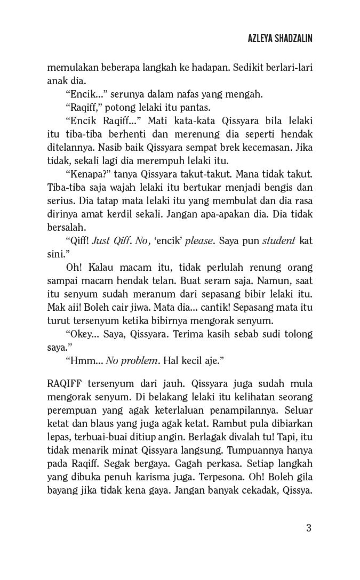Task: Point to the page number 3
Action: click(x=309, y=528)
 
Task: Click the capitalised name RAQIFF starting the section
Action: click(x=67, y=384)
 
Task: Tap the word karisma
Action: click(x=161, y=478)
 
